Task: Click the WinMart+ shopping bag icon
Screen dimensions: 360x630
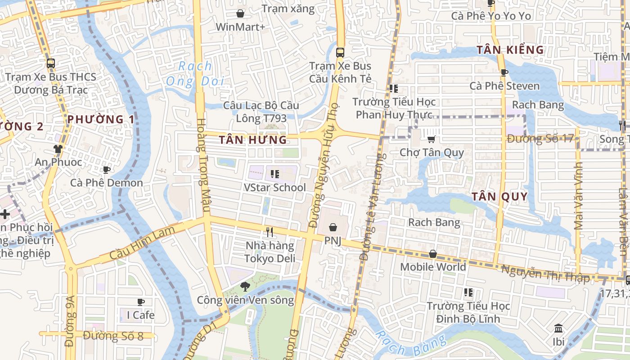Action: coord(240,13)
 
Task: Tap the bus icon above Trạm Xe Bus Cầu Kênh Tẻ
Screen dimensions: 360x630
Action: coord(340,52)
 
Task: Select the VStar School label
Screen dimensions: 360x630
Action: coord(274,187)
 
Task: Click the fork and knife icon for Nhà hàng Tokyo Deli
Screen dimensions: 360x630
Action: coord(270,232)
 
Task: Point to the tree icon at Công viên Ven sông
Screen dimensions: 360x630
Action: coord(245,286)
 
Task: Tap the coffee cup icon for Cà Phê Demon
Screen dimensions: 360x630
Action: coord(107,170)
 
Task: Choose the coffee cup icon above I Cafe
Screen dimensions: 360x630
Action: coord(141,302)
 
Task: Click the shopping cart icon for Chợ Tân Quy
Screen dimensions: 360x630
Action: coord(432,139)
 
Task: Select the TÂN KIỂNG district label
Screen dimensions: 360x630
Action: coord(510,49)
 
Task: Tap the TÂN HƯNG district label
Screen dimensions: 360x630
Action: coord(253,140)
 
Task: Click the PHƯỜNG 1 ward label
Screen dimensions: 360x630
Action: coord(101,119)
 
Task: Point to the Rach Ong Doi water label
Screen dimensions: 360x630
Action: coord(195,74)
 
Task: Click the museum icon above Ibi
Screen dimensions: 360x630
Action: coord(558,328)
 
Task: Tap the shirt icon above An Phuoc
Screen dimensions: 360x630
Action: coord(58,149)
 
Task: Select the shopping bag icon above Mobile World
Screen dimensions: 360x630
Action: coord(433,254)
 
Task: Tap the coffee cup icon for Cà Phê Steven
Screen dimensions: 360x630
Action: coord(504,72)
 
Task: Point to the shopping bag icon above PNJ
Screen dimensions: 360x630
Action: coord(333,228)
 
